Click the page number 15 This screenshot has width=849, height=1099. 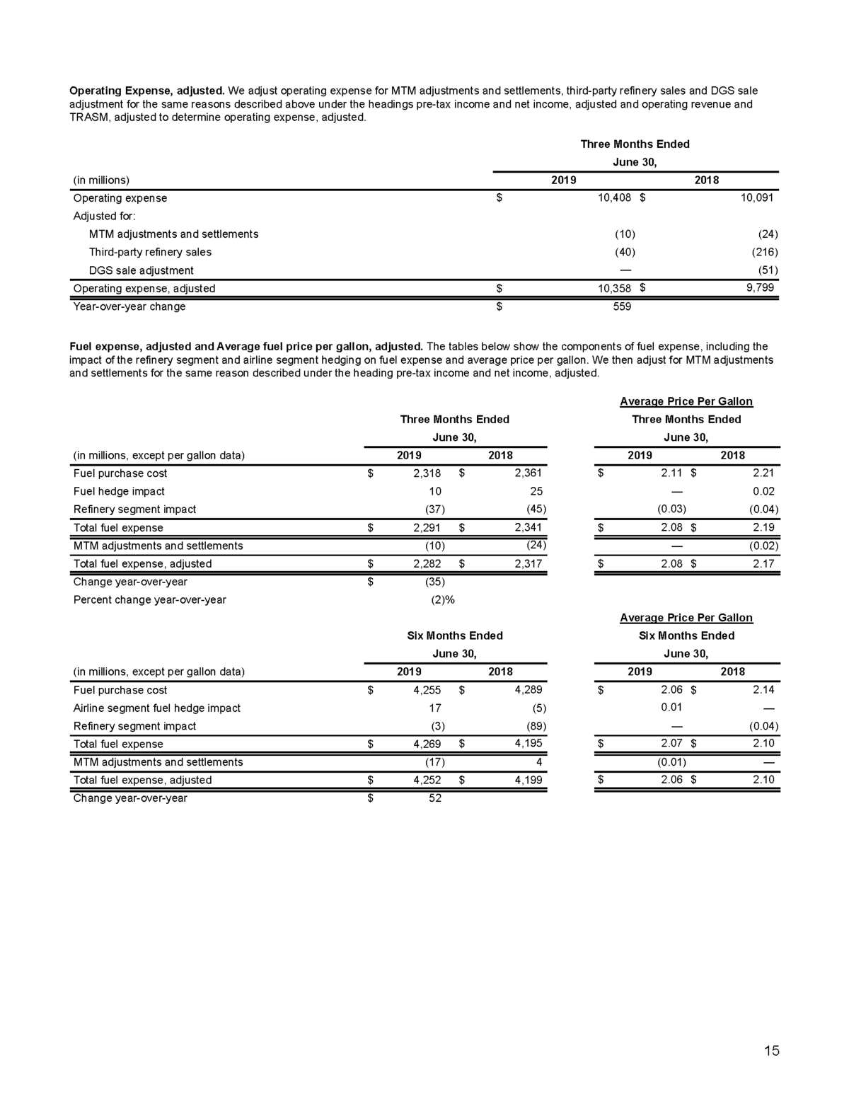[771, 1050]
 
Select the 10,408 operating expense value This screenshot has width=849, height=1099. [613, 198]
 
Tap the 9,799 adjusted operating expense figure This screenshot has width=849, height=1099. [760, 288]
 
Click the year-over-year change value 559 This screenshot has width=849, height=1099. [620, 306]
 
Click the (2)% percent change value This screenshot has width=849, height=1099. [442, 599]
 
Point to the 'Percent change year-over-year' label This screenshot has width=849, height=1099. [150, 599]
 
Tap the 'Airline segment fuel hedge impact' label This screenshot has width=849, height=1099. [157, 708]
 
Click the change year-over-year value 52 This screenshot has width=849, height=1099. [434, 798]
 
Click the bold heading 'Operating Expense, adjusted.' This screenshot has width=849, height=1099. [147, 91]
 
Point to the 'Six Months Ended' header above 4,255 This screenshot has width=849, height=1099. [455, 635]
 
